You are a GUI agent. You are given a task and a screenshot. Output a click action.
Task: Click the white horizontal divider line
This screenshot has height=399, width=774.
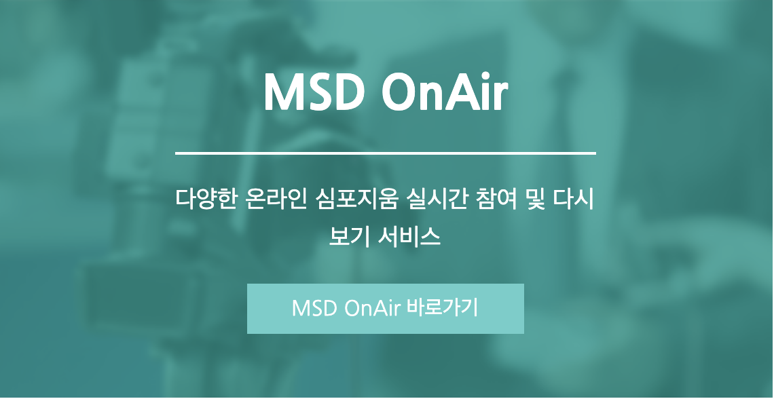[x=386, y=154]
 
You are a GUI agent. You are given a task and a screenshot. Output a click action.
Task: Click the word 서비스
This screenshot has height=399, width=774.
[x=409, y=237]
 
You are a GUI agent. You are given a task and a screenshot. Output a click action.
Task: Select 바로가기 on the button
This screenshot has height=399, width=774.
[x=443, y=308]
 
